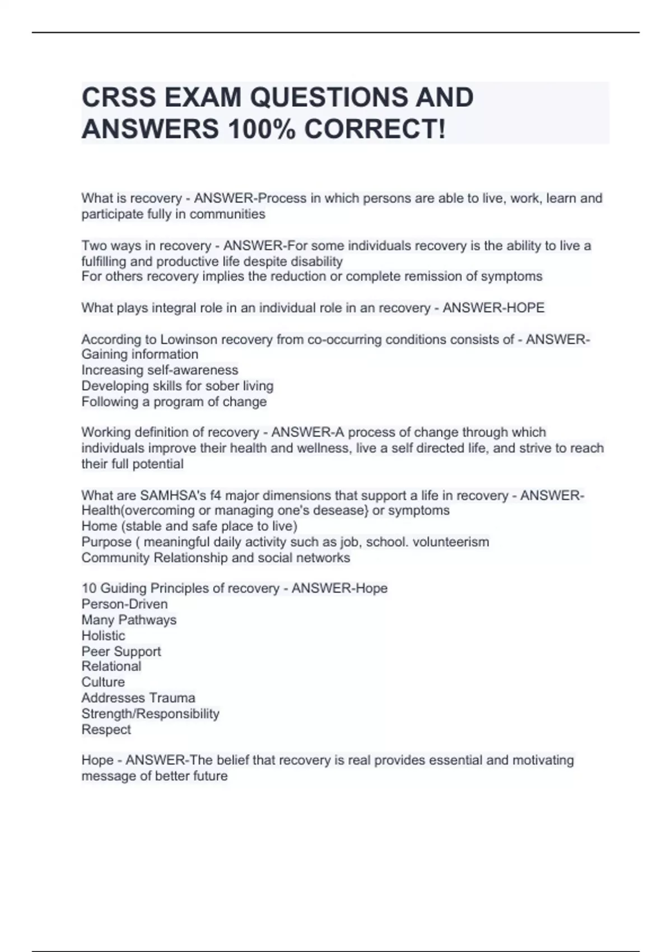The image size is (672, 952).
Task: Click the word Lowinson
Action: point(189,339)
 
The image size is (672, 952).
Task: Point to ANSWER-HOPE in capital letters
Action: point(493,307)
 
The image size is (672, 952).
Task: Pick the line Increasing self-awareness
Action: point(160,370)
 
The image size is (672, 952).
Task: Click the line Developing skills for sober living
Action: point(178,386)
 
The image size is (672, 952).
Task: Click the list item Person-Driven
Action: point(124,604)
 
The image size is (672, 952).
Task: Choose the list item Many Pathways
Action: point(129,620)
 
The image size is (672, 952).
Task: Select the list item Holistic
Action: point(103,636)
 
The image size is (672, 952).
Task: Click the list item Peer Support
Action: point(121,651)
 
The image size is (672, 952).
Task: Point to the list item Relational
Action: point(111,666)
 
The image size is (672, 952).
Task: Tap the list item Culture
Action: point(103,682)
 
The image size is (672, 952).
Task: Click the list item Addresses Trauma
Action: point(138,698)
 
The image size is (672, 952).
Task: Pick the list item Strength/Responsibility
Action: point(150,713)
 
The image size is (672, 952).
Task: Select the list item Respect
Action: point(106,730)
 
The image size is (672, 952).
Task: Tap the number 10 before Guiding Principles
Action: point(89,589)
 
